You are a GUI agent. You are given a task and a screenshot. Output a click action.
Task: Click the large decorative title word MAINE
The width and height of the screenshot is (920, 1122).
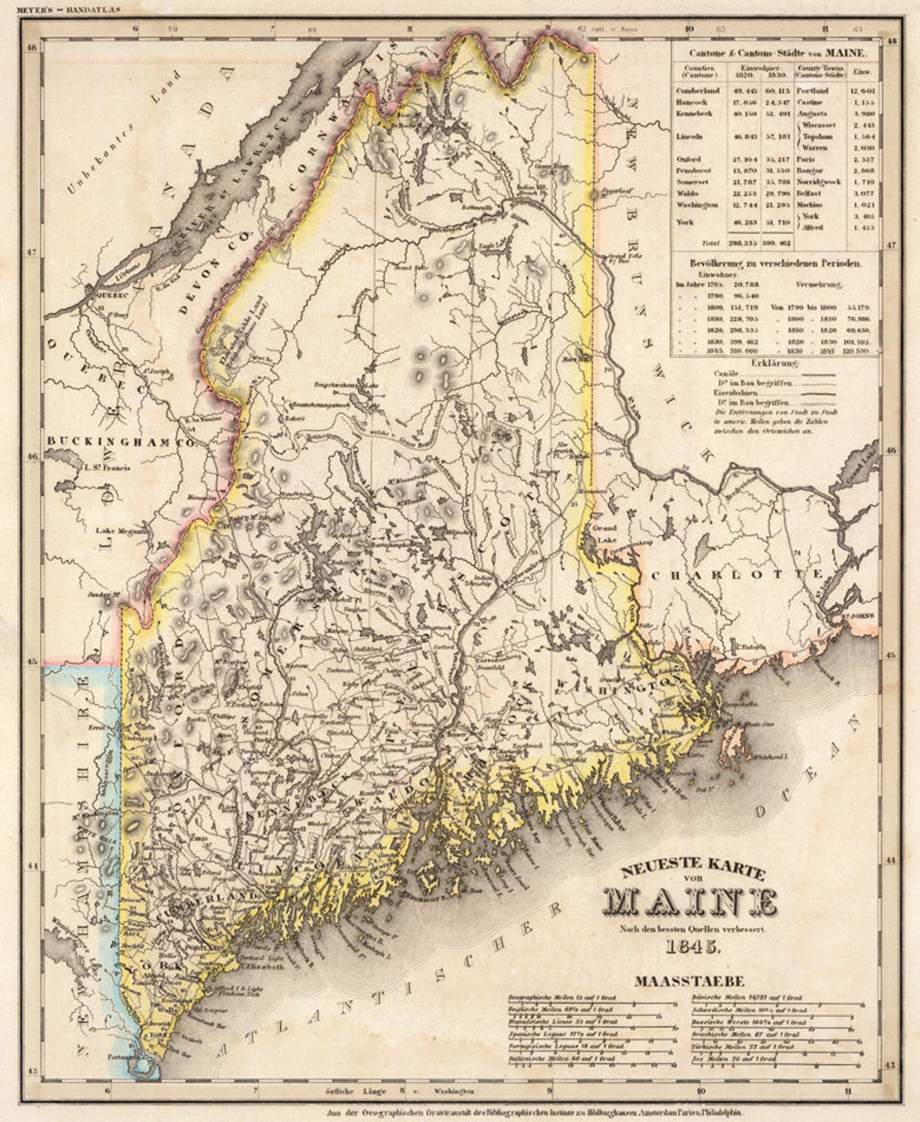point(691,900)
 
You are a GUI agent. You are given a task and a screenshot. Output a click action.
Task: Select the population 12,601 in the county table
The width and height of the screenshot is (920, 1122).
point(862,91)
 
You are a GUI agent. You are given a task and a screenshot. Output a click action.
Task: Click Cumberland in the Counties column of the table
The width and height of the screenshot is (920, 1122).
point(697,91)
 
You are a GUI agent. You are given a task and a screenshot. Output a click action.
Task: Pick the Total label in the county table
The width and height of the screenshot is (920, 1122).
point(711,241)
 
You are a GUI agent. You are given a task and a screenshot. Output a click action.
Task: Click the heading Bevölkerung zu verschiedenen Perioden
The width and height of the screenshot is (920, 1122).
point(775,263)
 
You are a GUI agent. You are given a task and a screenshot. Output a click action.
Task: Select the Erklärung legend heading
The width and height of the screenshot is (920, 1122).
point(774,363)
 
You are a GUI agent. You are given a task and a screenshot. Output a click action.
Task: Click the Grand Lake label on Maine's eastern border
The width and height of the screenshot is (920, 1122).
point(604,532)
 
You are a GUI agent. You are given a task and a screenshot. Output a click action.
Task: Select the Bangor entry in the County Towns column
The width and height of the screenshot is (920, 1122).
point(810,171)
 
